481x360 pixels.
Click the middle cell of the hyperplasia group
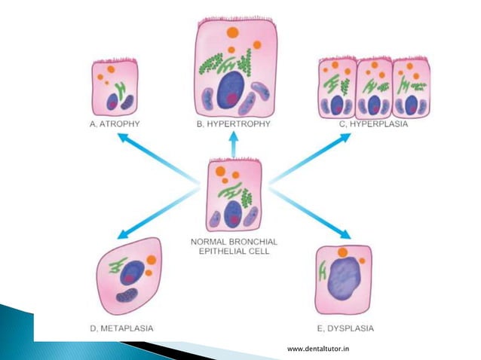[373, 89]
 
